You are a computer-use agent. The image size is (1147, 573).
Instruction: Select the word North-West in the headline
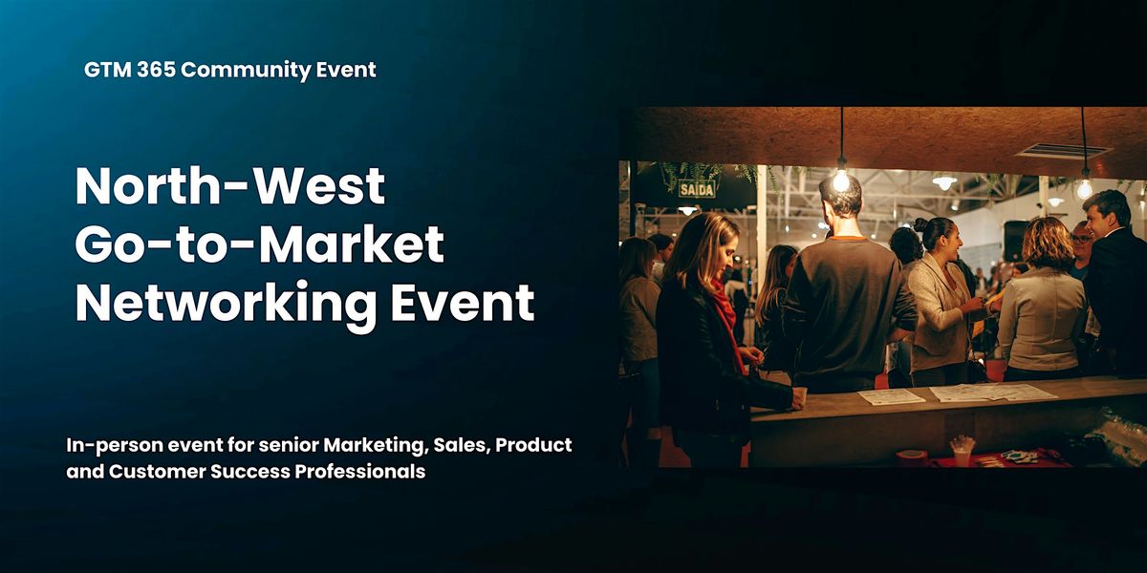coord(230,186)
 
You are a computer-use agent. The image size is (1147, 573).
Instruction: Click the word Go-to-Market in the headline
coord(259,244)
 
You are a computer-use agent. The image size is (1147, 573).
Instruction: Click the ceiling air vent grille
coord(1063,151)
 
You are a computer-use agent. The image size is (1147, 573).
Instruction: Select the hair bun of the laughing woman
coord(921,225)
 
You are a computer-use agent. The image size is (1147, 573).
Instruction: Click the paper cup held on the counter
coord(799,395)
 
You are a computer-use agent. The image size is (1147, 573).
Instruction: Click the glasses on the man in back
coord(1081,239)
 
